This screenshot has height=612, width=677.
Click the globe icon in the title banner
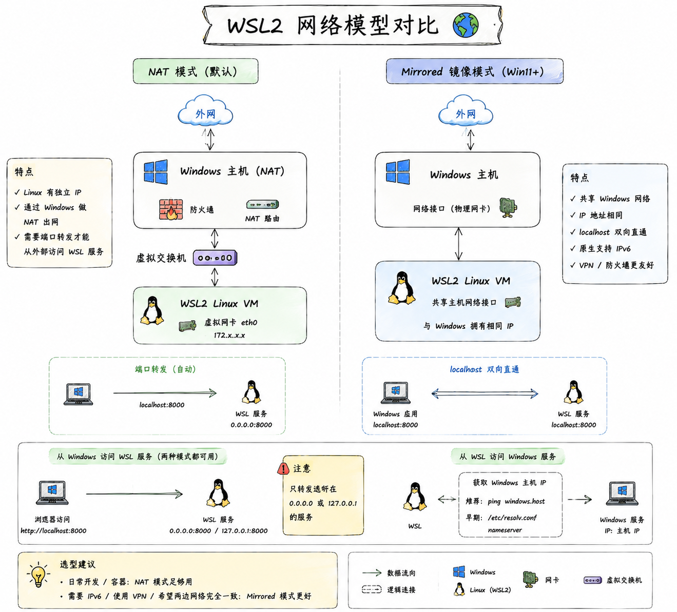pyautogui.click(x=466, y=25)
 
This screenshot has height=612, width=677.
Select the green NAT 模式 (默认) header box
pyautogui.click(x=196, y=71)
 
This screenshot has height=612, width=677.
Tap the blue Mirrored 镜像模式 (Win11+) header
pyautogui.click(x=474, y=71)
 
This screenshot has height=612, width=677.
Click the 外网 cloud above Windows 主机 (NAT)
pyautogui.click(x=205, y=111)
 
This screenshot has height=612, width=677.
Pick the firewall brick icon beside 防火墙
pyautogui.click(x=171, y=209)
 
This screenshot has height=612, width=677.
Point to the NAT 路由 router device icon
pyautogui.click(x=263, y=205)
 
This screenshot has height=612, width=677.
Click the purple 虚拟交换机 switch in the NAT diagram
pyautogui.click(x=215, y=258)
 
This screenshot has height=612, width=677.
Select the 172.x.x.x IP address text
pyautogui.click(x=229, y=335)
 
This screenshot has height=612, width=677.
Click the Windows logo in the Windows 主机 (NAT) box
pyautogui.click(x=156, y=172)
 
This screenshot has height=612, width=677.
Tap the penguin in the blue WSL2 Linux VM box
pyautogui.click(x=401, y=288)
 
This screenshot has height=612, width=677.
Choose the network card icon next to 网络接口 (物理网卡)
pyautogui.click(x=508, y=208)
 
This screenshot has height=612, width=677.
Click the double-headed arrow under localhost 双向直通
pyautogui.click(x=485, y=393)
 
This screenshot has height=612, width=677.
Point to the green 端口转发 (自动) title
pyautogui.click(x=165, y=369)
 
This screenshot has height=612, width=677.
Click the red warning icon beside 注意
pyautogui.click(x=283, y=468)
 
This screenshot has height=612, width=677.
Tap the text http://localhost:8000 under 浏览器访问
pyautogui.click(x=53, y=531)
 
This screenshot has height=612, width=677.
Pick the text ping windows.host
pyautogui.click(x=516, y=501)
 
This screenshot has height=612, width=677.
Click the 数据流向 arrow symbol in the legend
pyautogui.click(x=372, y=572)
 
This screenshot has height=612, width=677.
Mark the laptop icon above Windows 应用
pyautogui.click(x=396, y=393)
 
